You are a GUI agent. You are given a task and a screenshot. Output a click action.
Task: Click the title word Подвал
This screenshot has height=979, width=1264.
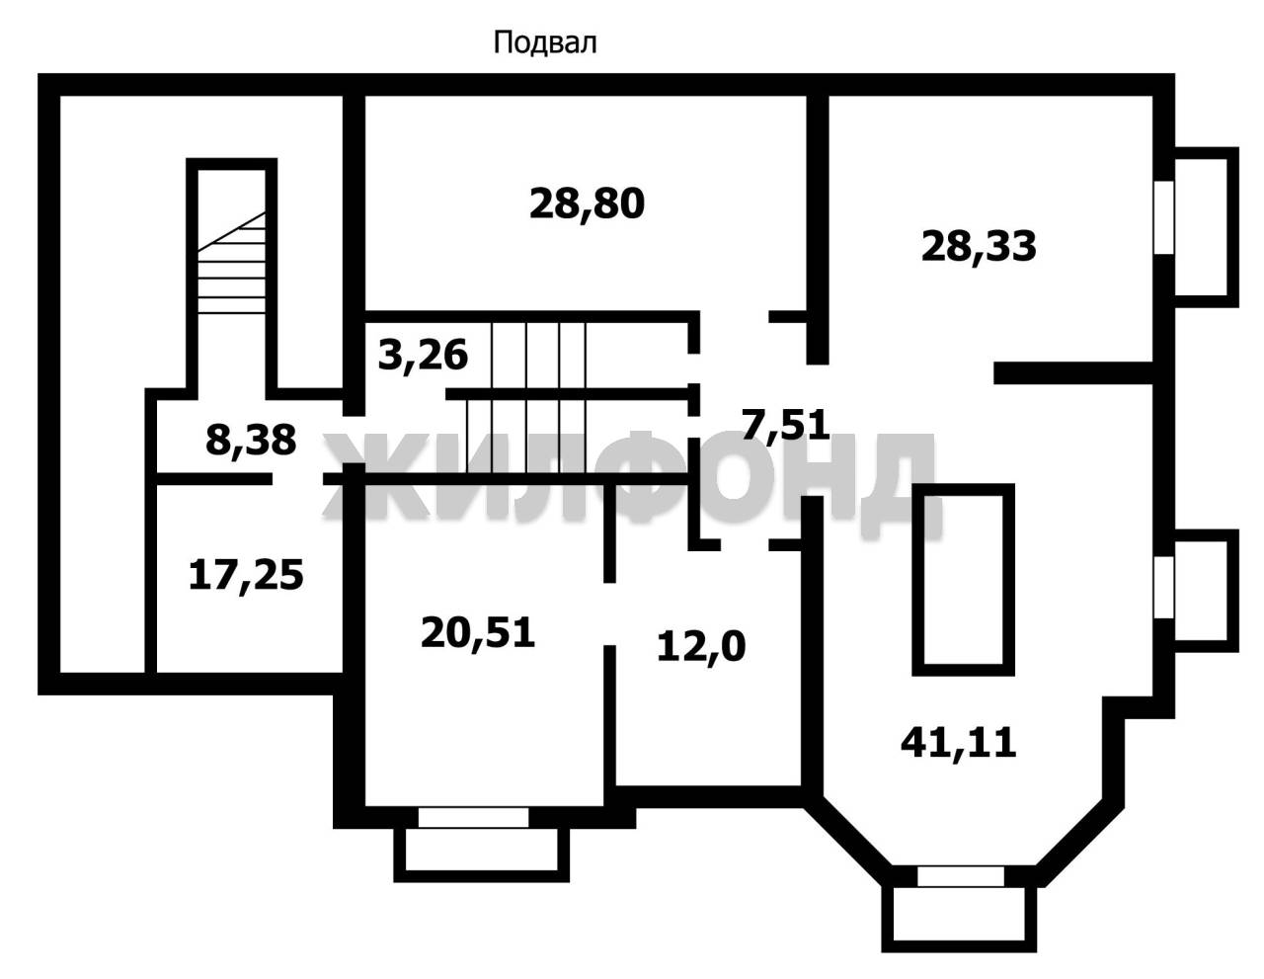[544, 43]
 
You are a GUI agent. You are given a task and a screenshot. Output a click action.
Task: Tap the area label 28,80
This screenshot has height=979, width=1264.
[587, 204]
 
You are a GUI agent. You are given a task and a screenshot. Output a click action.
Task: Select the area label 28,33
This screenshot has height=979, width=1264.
[979, 246]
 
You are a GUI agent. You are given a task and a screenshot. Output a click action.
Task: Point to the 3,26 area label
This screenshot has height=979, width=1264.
[423, 356]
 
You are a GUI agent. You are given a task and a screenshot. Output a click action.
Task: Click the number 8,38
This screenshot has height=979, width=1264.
[251, 440]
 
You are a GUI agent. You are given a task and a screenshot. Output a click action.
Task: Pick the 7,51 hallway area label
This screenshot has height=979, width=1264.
[785, 424]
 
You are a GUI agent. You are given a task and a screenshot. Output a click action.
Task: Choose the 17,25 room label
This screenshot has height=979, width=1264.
[246, 575]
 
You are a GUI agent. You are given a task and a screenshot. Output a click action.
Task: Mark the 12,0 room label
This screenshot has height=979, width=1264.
[701, 647]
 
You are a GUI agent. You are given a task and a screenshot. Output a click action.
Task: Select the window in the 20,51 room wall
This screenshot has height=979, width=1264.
[473, 817]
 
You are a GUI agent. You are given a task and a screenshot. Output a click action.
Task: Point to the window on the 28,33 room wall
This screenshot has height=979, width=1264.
[1163, 217]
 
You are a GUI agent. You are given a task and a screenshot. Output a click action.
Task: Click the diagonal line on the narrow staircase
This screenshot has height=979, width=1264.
[231, 231]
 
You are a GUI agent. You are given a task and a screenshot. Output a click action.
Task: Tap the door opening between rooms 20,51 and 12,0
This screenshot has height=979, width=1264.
[609, 614]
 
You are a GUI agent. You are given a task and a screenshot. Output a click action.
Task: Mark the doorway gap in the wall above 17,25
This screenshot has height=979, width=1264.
[297, 479]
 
